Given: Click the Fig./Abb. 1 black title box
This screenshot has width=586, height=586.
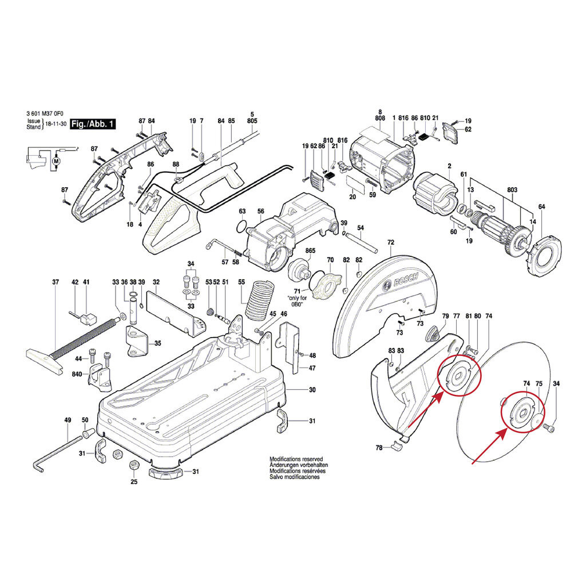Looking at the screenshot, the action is point(93,124).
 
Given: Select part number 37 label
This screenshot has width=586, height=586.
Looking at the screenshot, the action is point(56,282).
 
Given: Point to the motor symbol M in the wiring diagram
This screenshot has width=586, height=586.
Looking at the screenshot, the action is point(57,161).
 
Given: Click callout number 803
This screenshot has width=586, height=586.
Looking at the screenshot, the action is point(512,190).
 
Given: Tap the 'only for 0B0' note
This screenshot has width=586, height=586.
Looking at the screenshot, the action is point(297,301).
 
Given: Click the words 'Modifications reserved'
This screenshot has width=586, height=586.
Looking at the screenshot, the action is point(296,459).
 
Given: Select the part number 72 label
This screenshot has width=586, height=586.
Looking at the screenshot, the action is point(390,243).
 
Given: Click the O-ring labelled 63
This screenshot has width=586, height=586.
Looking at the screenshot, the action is point(242,225).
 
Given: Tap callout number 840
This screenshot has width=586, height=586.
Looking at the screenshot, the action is point(77,374).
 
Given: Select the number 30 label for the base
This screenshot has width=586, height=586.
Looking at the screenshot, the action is point(312,390).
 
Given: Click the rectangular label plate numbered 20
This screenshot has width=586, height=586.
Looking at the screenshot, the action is point(355,184).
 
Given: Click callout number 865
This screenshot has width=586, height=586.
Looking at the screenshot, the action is point(310,251).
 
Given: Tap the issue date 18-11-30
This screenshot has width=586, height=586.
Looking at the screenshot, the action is point(56,124).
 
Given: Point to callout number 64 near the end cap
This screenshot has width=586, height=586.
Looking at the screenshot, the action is point(541,207).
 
